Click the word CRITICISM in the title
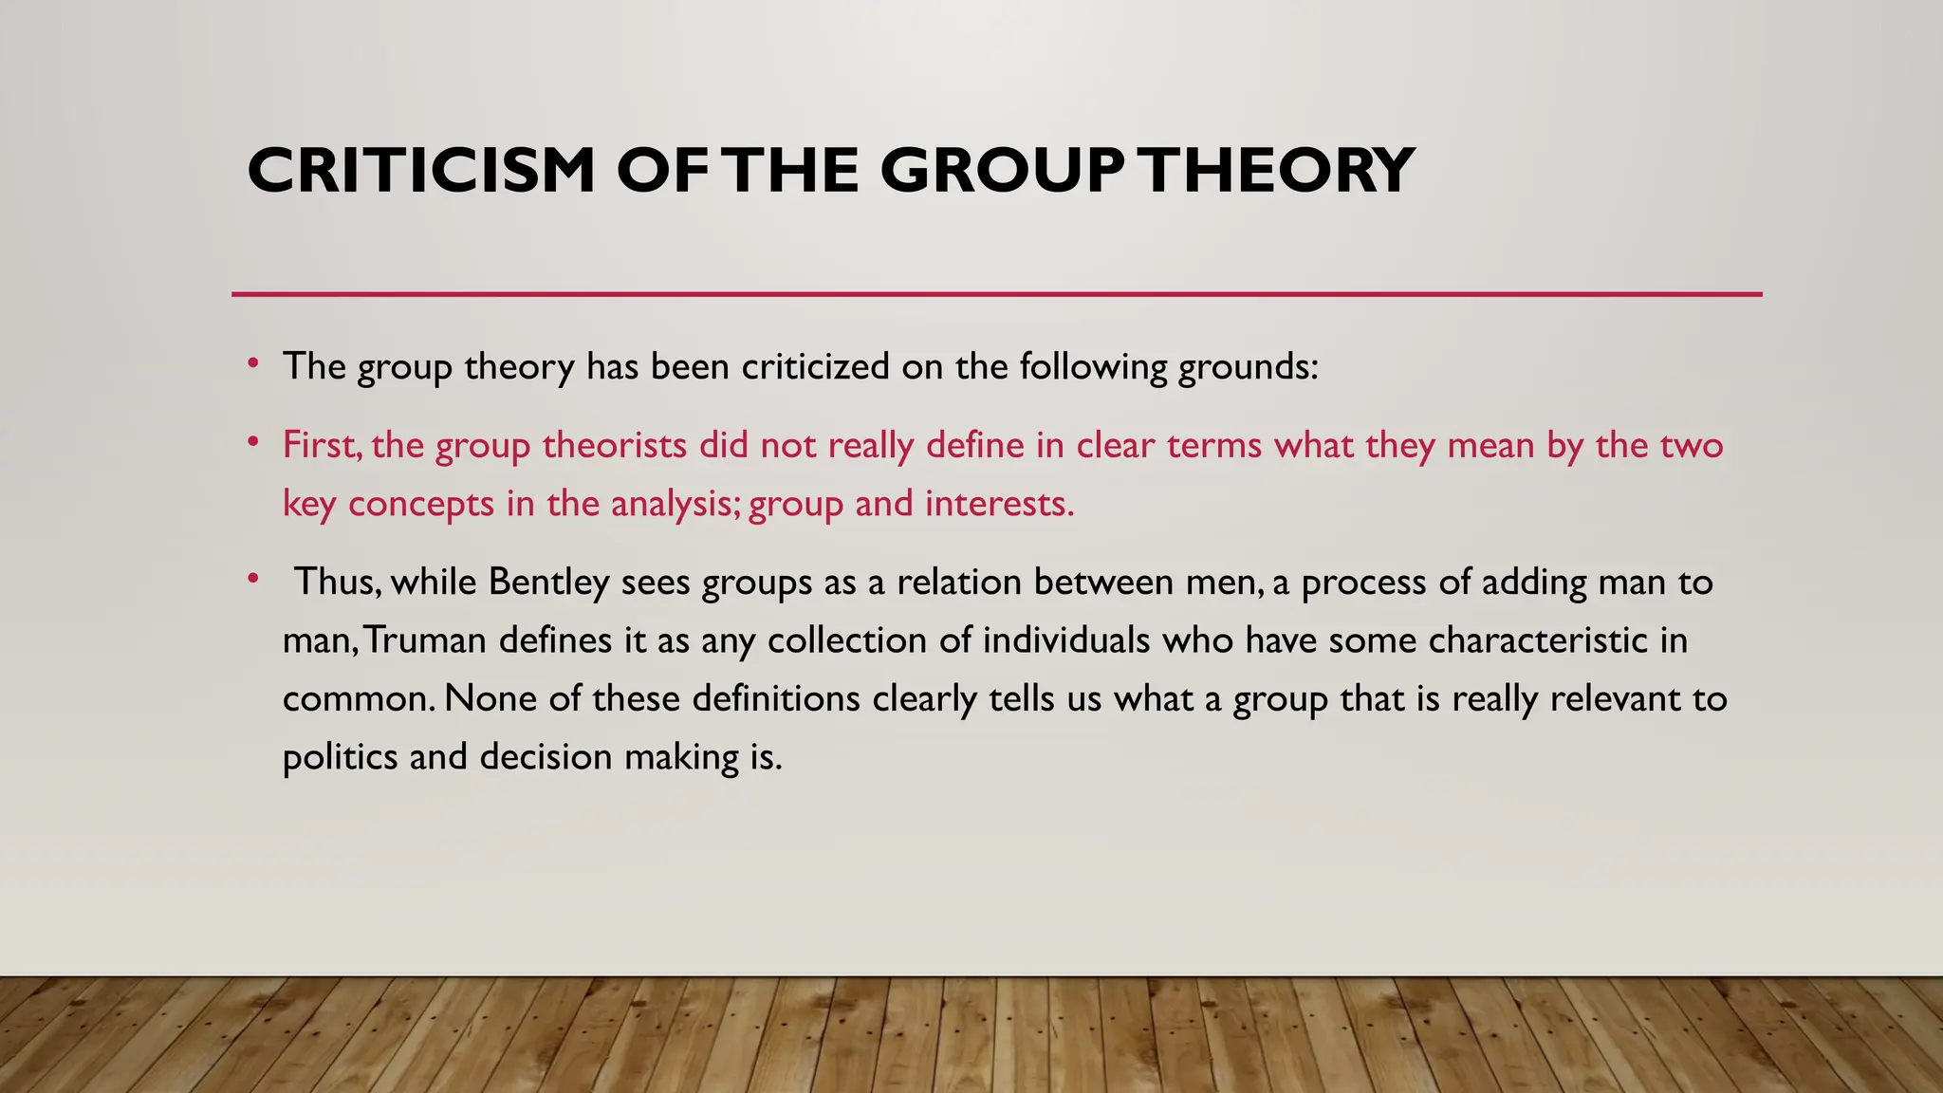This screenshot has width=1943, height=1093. click(421, 171)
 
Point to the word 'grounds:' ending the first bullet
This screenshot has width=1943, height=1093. click(1249, 366)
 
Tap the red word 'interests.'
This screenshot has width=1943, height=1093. click(1000, 503)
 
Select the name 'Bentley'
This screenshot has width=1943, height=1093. click(548, 582)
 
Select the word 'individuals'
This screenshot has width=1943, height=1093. click(1065, 640)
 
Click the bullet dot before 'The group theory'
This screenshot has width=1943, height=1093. click(252, 363)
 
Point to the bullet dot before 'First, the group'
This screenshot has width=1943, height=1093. click(252, 442)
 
